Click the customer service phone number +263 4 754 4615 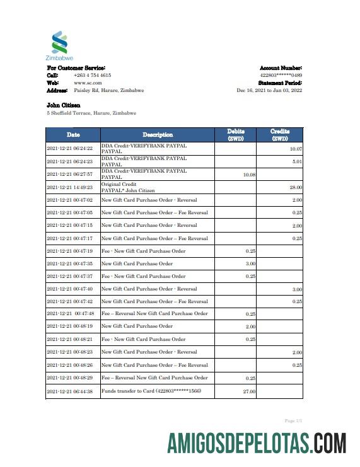93,75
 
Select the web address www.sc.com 88,83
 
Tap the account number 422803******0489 281,75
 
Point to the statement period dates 269,90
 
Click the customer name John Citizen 63,105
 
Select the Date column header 73,135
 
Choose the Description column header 157,135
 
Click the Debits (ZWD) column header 236,135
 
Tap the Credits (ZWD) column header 279,135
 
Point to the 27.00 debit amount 249,392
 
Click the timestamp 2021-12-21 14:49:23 70,187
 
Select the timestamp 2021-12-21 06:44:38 70,392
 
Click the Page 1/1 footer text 294,420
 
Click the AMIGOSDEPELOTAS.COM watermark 257,443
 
